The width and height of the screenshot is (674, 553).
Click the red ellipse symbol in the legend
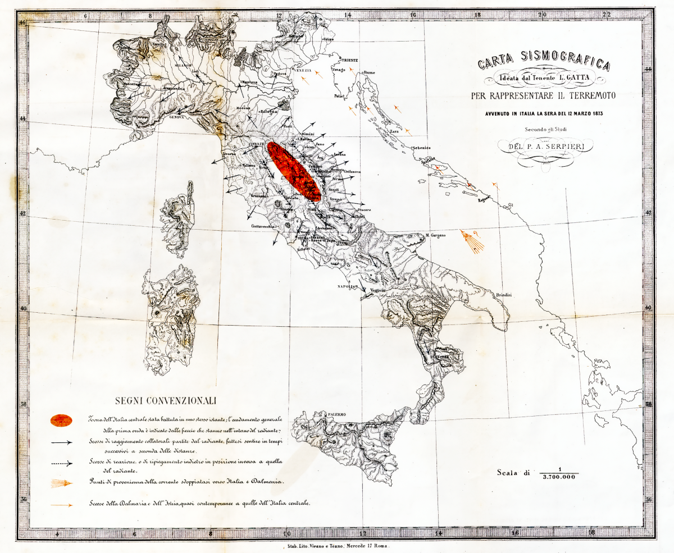pos(61,421)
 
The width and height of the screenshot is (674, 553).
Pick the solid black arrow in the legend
pos(61,442)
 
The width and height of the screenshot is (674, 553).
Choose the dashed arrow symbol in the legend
pos(61,464)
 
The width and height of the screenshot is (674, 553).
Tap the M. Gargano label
pos(435,235)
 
